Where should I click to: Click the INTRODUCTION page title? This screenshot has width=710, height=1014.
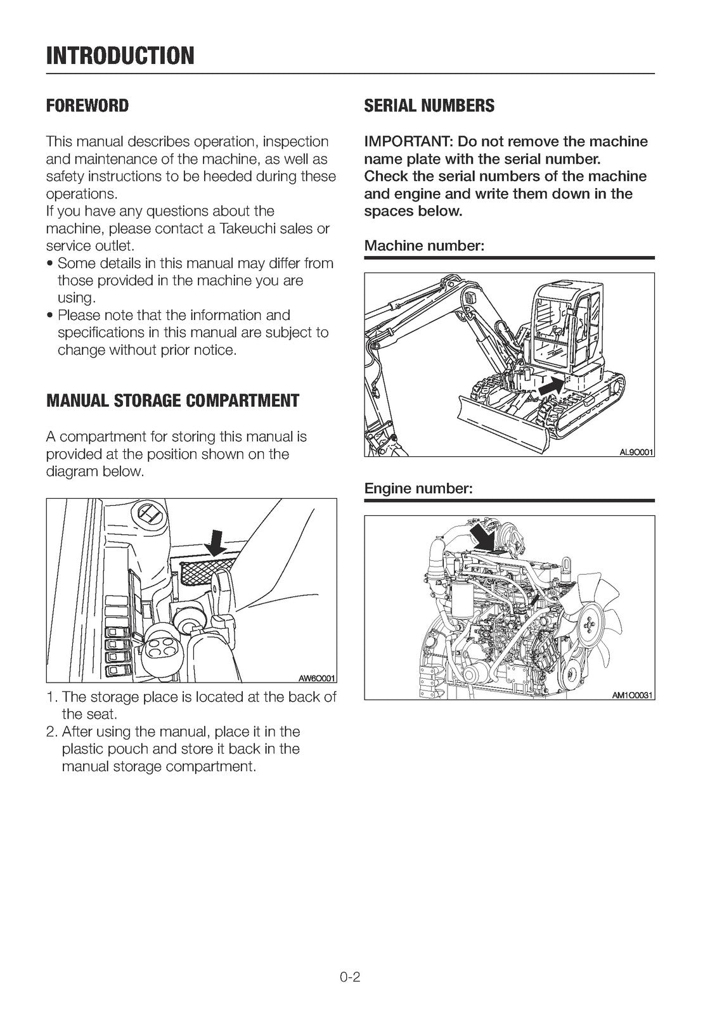click(120, 56)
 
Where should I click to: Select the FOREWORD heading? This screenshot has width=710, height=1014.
click(87, 106)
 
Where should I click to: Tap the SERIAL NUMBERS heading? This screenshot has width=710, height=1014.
click(429, 106)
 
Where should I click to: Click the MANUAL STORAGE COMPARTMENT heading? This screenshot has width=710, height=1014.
click(172, 401)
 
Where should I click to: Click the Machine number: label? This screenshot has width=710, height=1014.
click(424, 246)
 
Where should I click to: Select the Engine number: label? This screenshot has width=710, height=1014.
click(418, 489)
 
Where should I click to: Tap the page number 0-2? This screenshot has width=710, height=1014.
click(349, 977)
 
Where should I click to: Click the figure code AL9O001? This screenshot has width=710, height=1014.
click(636, 452)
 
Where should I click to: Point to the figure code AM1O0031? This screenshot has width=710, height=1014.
click(633, 695)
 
